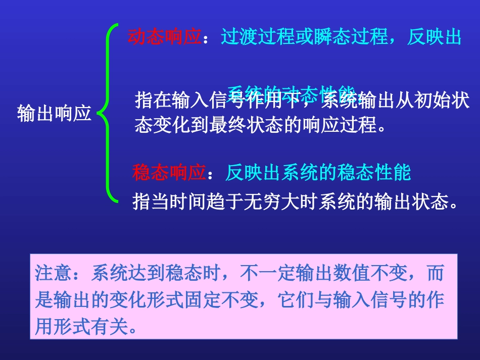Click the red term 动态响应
pos(165,37)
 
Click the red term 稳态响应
pos(169,173)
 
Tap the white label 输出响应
pos(54,113)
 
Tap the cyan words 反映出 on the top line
pos(435,37)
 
